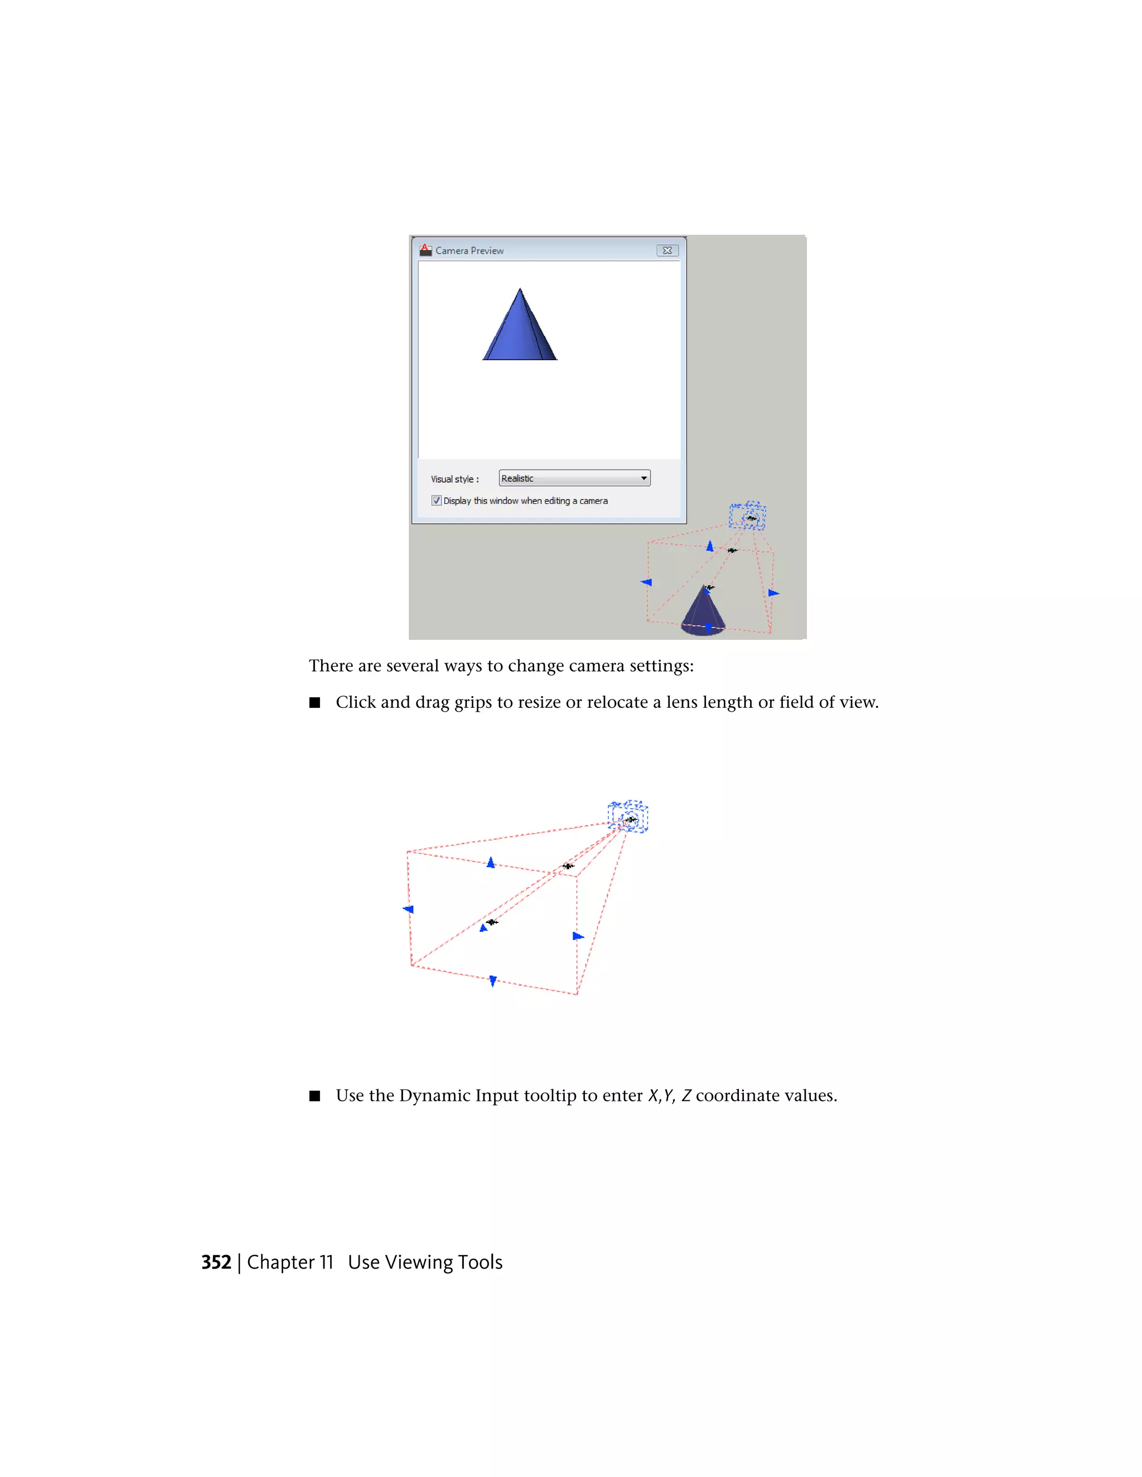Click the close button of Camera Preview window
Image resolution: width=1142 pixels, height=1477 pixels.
point(667,250)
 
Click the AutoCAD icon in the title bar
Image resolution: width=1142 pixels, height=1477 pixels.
point(425,250)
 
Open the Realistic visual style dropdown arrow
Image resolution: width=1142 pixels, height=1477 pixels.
point(643,478)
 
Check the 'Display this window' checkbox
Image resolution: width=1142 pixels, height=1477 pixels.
point(437,501)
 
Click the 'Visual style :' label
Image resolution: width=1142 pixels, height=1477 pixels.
point(454,479)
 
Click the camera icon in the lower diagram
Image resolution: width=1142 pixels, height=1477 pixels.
point(628,817)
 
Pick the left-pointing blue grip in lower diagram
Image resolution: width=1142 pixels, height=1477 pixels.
point(408,909)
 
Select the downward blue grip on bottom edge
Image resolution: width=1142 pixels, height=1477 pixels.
point(492,980)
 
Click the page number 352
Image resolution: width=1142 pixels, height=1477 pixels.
point(216,1262)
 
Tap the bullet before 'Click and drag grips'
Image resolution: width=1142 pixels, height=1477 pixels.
point(314,703)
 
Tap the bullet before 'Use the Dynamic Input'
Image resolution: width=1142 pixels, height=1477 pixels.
point(314,1096)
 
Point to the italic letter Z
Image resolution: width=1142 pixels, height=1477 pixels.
point(686,1096)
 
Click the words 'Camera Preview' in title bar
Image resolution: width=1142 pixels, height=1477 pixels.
point(470,250)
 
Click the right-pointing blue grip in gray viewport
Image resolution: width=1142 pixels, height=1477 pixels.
point(773,593)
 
